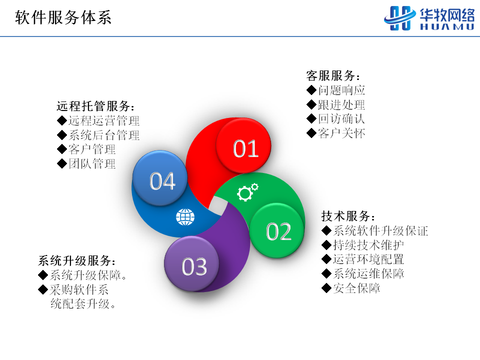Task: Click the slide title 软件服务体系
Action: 63,17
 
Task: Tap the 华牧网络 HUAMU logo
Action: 429,18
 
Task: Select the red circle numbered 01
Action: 243,145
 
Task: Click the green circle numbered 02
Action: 277,230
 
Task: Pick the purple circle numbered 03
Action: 191,264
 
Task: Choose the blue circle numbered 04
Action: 160,178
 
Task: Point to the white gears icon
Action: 247,192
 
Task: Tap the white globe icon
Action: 185,217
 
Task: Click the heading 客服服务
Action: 333,75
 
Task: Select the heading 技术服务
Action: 348,216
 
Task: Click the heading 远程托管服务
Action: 95,106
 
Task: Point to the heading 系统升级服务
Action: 77,261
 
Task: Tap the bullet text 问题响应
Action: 341,90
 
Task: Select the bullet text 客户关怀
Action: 341,133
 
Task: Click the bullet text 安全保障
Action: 356,288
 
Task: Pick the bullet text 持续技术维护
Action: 368,245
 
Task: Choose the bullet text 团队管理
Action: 92,164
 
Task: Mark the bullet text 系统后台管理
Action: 104,135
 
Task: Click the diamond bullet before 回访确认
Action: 311,118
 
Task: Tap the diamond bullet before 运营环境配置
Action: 326,259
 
